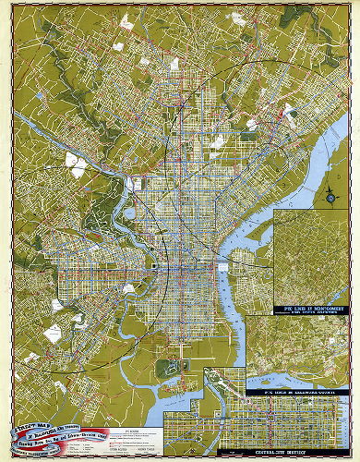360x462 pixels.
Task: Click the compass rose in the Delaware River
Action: (330, 193)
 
